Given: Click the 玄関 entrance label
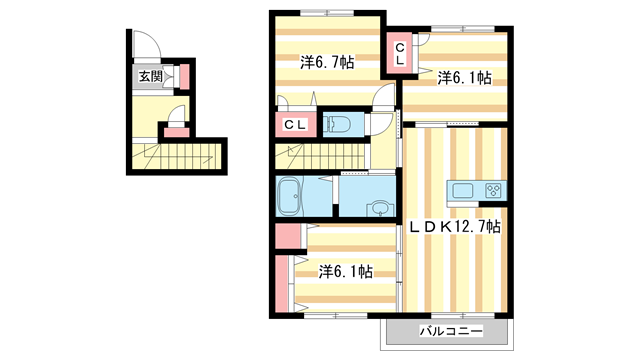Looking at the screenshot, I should pos(150,75).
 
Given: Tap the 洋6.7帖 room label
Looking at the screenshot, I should pos(327,62).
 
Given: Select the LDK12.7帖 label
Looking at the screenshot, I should pos(455,227).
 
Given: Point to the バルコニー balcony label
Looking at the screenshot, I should pos(449,331).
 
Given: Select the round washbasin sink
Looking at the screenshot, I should pos(379,209).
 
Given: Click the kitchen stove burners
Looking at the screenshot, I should pos(493,190).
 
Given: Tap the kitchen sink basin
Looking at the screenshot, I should pos(464,190).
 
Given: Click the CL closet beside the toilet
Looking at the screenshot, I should pos(295,125).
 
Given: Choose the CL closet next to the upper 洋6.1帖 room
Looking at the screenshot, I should pos(399,53).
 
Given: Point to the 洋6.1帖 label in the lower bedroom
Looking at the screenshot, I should pos(346,271).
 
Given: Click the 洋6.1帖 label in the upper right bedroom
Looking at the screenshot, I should pos(463,78).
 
